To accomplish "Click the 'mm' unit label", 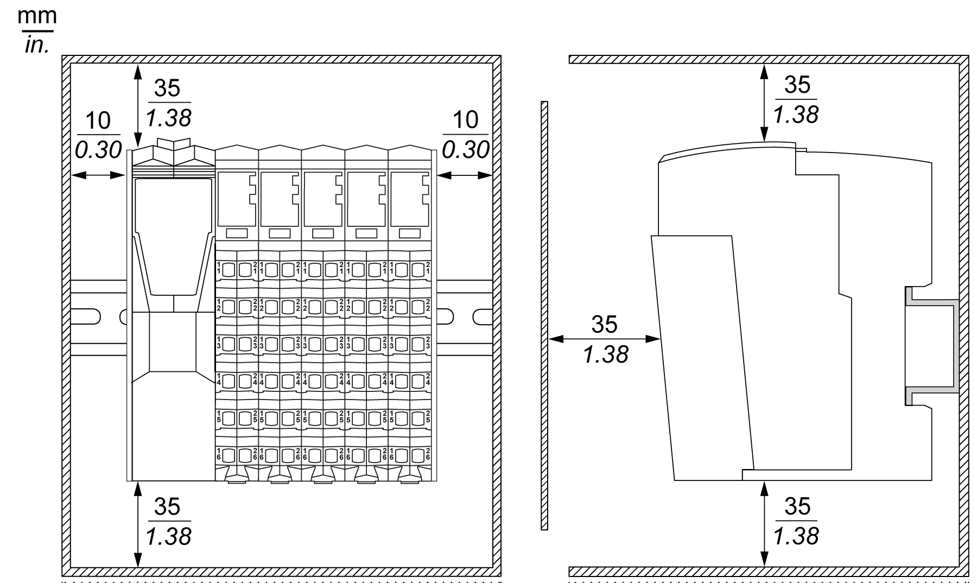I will coord(37,16).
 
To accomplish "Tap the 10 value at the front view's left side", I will coord(98,121).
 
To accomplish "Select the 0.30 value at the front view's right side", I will coord(465,150).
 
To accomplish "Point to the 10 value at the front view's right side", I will coord(465,120).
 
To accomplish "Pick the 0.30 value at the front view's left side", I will coord(98,150).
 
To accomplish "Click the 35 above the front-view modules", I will coord(167,88).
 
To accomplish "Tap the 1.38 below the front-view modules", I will coord(168,536).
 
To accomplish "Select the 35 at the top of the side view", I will coord(797,85).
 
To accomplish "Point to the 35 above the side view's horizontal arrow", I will coord(604,324).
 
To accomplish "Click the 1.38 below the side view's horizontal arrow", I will coord(605,354).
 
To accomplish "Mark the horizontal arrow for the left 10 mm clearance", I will coord(98,175).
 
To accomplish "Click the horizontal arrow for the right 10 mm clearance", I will coord(465,175).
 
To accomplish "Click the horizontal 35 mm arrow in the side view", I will coord(604,339).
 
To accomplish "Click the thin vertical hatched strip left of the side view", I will coord(544,315).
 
